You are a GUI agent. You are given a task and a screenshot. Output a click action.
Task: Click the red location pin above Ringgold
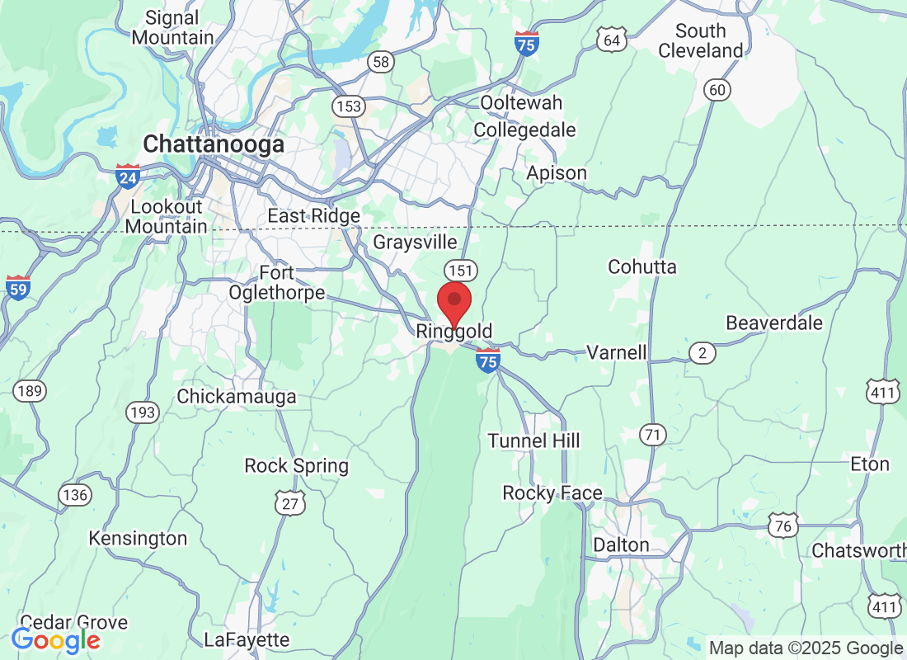pos(453,302)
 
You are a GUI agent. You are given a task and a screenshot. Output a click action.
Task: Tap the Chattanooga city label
pos(214,144)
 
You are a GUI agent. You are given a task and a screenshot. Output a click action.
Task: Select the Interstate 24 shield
pos(127,175)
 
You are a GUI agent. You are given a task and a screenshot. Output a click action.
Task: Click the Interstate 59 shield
pos(18,287)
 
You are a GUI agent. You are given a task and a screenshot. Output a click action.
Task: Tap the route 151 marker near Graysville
pos(459,270)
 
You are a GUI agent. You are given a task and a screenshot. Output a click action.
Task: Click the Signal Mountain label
pos(172,27)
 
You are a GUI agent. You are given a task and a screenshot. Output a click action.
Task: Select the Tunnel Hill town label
pos(533,441)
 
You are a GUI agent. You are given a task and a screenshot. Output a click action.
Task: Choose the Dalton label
pos(621,545)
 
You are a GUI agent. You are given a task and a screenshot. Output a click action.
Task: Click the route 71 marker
pos(653,434)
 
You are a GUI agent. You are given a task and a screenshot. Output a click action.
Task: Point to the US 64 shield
pos(611,40)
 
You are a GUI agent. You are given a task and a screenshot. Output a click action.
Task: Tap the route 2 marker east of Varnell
pos(702,353)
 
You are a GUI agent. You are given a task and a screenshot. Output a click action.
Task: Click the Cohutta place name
pos(641,266)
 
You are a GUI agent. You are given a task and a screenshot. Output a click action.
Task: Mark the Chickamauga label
pos(237,397)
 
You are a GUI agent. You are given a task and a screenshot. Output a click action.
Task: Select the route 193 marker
pos(143,412)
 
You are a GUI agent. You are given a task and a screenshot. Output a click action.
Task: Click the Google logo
pos(56,639)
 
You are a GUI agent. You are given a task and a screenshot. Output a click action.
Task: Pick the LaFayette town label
pos(247,639)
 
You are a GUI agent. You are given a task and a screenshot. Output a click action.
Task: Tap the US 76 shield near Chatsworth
pos(782,525)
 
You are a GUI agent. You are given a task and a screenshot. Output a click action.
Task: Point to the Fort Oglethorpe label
pos(288,283)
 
